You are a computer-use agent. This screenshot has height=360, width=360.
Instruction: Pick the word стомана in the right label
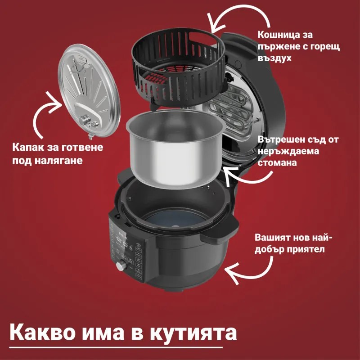(x=277, y=162)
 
